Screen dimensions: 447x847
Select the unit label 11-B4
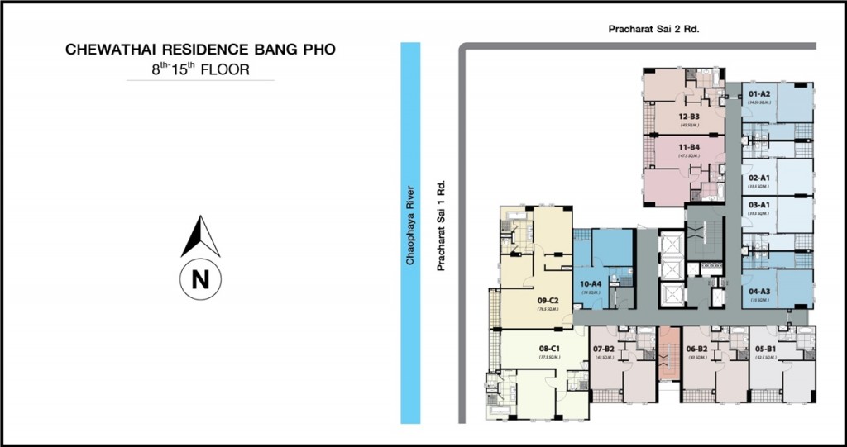(689, 147)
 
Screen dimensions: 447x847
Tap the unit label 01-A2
(759, 94)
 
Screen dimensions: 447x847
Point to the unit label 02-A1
(759, 178)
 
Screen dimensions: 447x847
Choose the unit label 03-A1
(759, 203)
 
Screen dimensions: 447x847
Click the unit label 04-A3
(759, 291)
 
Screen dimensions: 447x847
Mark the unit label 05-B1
(766, 350)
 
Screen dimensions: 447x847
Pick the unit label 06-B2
(697, 350)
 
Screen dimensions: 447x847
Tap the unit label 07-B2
(604, 350)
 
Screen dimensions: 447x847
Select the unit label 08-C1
(550, 349)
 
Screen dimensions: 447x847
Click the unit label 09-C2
(549, 300)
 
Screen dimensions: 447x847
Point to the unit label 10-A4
(591, 283)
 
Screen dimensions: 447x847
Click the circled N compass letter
(200, 279)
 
